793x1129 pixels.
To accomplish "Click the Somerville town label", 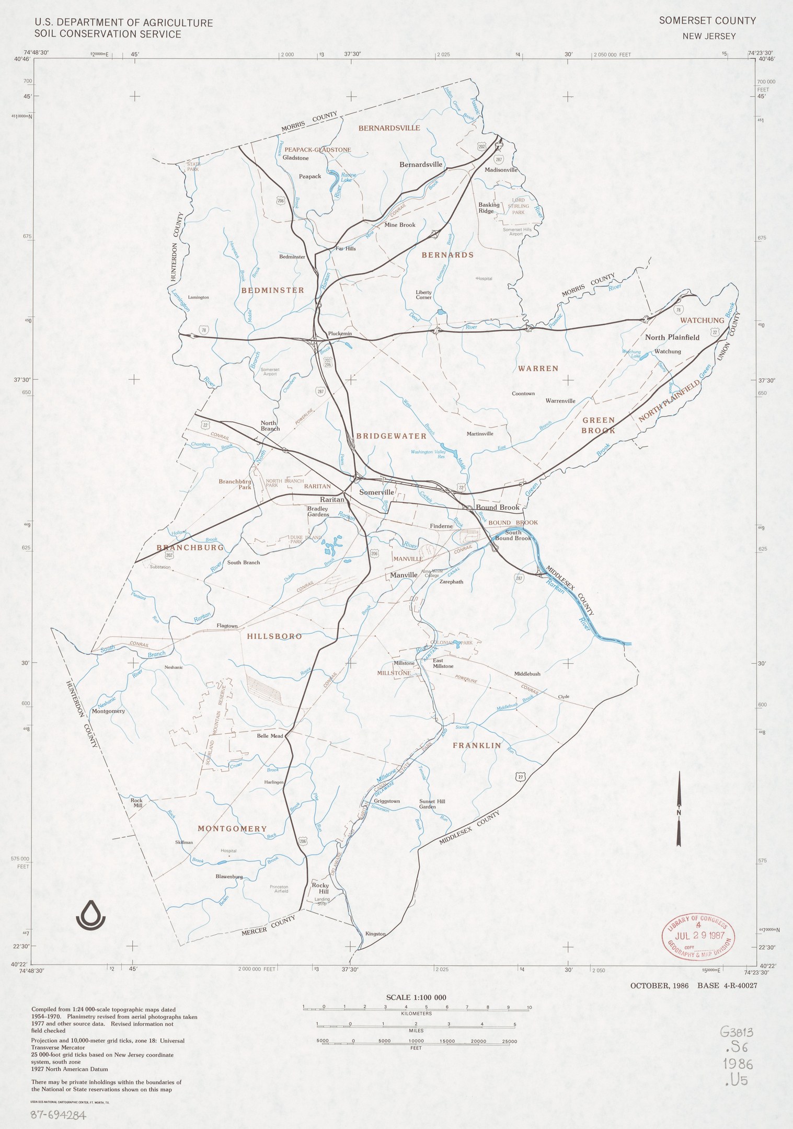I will click(x=376, y=492).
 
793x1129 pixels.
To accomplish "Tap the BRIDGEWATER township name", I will click(x=391, y=435).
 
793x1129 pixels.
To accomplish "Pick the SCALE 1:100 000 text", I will click(x=416, y=997).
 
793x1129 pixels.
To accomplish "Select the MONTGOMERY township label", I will click(x=232, y=829).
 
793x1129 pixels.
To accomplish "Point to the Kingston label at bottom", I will click(x=375, y=934).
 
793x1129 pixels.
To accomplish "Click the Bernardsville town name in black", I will click(x=421, y=165).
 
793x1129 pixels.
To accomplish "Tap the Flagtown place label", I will click(x=227, y=626).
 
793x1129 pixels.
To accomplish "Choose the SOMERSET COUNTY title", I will click(x=707, y=21).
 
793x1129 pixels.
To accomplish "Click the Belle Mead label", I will click(x=270, y=736).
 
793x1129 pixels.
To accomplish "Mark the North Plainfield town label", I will click(x=672, y=337).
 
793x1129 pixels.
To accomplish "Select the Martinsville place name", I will click(x=479, y=434).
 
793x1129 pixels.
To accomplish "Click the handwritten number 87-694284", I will click(x=58, y=1114).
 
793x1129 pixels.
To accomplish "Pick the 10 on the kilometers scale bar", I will click(x=529, y=1007).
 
